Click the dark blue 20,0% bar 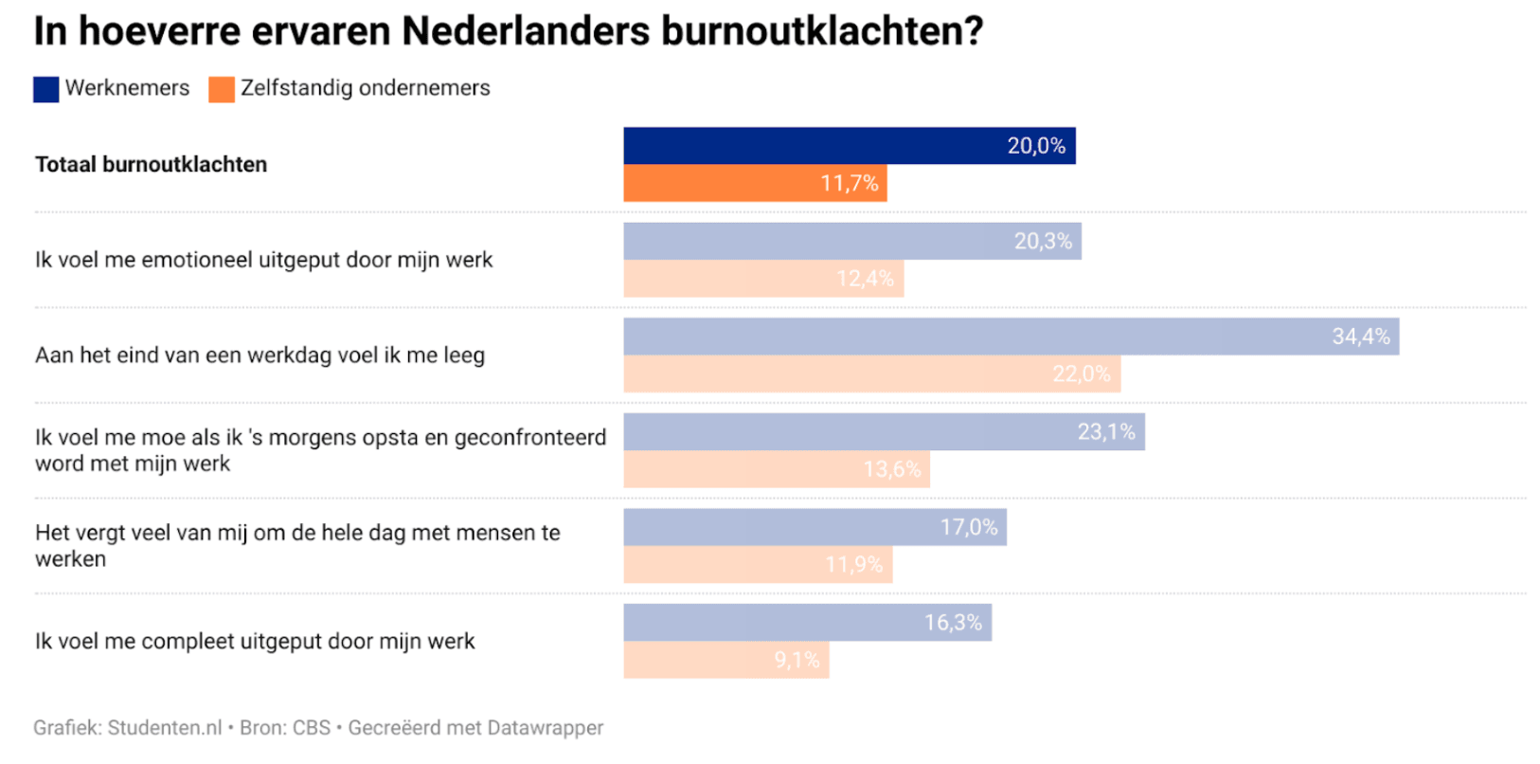pyautogui.click(x=849, y=145)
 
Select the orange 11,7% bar pyautogui.click(x=755, y=183)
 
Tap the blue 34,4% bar pyautogui.click(x=1011, y=337)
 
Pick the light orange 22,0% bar pyautogui.click(x=871, y=374)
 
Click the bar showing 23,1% pyautogui.click(x=884, y=432)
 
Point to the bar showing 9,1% pyautogui.click(x=725, y=660)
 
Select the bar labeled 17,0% pyautogui.click(x=815, y=527)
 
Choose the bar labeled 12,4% pyautogui.click(x=763, y=279)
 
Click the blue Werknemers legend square pyautogui.click(x=46, y=89)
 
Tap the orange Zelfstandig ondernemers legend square pyautogui.click(x=222, y=89)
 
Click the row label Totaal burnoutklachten pyautogui.click(x=152, y=165)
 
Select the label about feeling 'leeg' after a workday pyautogui.click(x=260, y=355)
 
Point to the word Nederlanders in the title pyautogui.click(x=525, y=31)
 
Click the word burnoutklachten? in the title pyautogui.click(x=822, y=31)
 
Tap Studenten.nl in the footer pyautogui.click(x=165, y=728)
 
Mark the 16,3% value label pyautogui.click(x=953, y=623)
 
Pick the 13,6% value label pyautogui.click(x=891, y=469)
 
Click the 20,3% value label pyautogui.click(x=1043, y=242)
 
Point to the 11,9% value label pyautogui.click(x=853, y=565)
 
